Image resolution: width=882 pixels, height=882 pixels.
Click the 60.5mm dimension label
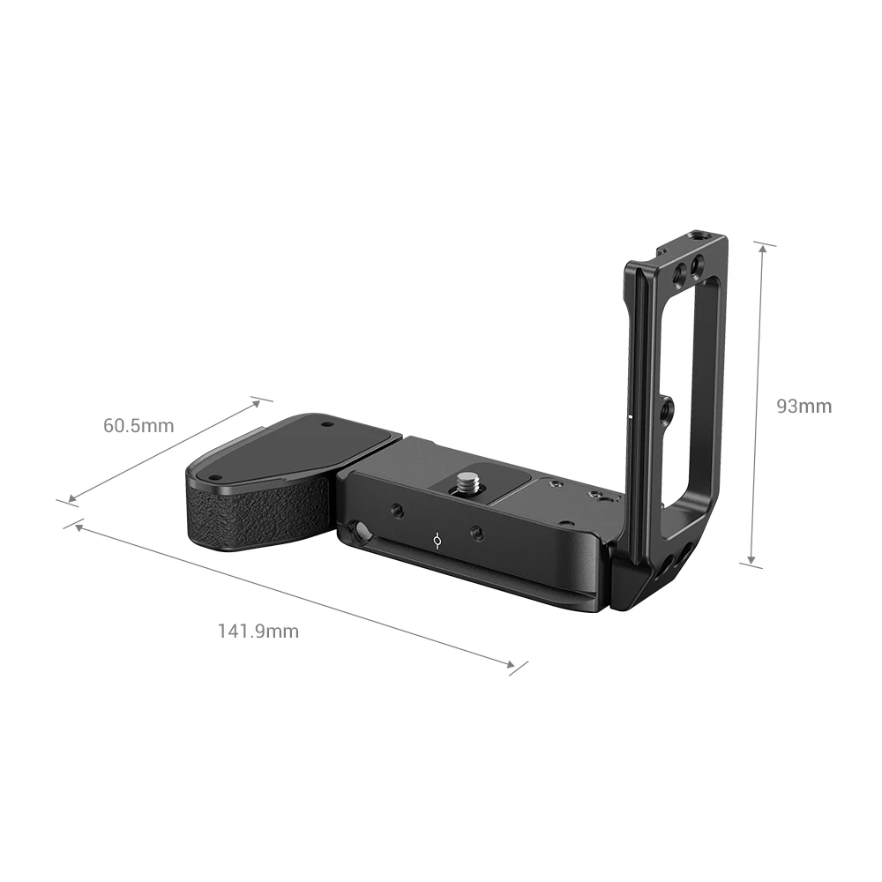click(x=138, y=426)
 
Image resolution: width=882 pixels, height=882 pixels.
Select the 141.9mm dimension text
click(x=258, y=632)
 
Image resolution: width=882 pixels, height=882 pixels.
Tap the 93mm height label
click(x=804, y=406)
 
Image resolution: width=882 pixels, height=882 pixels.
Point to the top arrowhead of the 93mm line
click(x=762, y=250)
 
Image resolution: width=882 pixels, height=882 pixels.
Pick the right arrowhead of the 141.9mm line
click(x=509, y=664)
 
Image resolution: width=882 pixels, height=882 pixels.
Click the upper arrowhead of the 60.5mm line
click(x=256, y=402)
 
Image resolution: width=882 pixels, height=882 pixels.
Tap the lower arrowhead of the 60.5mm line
click(x=72, y=498)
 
